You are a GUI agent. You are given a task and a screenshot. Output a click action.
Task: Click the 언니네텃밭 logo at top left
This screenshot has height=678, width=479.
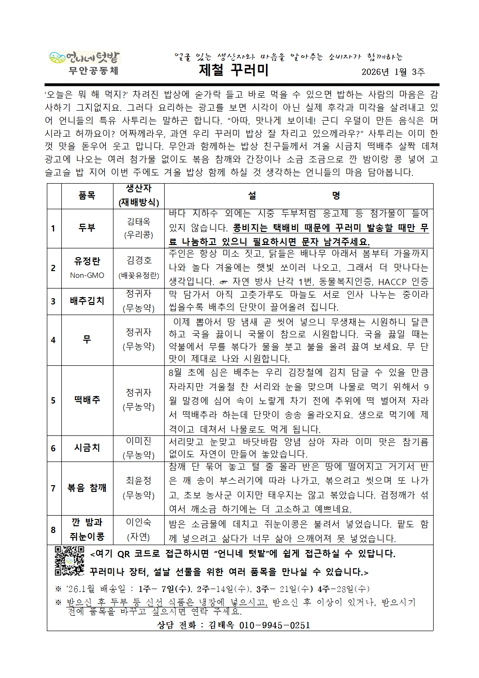click(84, 58)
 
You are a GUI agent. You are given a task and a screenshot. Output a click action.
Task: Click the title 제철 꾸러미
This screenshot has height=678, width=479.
click(234, 70)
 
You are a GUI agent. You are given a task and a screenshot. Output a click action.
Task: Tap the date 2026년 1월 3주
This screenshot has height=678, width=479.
click(393, 72)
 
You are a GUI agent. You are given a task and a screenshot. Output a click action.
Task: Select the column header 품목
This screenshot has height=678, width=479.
click(87, 196)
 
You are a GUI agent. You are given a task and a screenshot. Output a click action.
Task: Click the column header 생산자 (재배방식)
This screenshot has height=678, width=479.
click(139, 196)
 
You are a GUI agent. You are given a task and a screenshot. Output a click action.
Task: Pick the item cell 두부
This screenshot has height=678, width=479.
click(87, 228)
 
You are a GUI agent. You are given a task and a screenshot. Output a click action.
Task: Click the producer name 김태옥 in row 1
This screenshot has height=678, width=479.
click(139, 221)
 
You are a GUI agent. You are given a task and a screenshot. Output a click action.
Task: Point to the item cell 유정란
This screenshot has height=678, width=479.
click(87, 261)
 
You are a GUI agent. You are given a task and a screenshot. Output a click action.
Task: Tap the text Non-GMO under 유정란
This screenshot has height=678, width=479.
click(87, 275)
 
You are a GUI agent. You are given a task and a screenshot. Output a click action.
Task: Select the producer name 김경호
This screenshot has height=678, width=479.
click(139, 260)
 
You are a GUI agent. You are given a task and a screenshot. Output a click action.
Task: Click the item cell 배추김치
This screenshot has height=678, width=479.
click(87, 301)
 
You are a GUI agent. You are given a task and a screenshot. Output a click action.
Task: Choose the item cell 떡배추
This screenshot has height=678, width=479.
click(87, 400)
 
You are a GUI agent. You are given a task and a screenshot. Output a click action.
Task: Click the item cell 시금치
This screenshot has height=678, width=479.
click(87, 447)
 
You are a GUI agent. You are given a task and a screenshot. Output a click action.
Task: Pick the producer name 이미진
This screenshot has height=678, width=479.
click(139, 441)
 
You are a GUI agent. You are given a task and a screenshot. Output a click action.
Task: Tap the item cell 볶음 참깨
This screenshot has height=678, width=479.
click(87, 488)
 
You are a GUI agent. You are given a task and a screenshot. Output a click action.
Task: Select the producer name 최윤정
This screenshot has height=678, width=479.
click(139, 480)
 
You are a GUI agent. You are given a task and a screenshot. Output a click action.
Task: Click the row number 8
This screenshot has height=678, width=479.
click(53, 530)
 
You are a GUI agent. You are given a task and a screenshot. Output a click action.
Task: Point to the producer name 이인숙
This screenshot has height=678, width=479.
click(139, 522)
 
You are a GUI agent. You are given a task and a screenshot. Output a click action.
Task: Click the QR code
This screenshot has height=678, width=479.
click(70, 561)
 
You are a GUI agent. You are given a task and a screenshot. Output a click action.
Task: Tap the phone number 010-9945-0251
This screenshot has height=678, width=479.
click(274, 625)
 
